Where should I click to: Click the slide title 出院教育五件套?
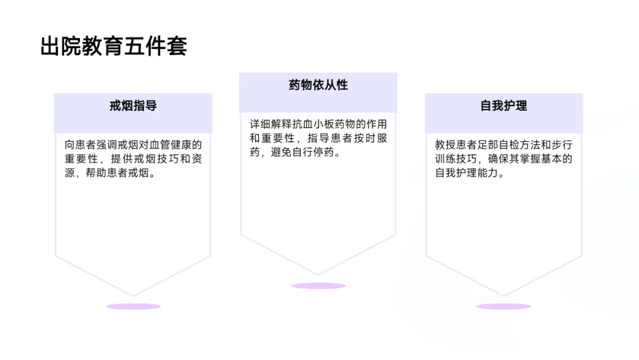tap(114, 47)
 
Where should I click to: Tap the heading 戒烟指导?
tap(133, 106)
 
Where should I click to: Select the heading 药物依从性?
tap(318, 85)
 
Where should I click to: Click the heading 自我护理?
tap(504, 106)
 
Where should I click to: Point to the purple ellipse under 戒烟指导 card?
tap(133, 307)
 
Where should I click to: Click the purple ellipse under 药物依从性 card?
tap(318, 286)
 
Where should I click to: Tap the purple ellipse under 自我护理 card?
tap(504, 307)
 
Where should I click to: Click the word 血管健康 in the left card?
tap(176, 144)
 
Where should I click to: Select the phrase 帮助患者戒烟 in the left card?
tap(122, 174)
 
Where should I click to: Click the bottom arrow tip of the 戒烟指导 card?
tap(133, 295)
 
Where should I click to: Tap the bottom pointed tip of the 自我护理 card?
tap(504, 295)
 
